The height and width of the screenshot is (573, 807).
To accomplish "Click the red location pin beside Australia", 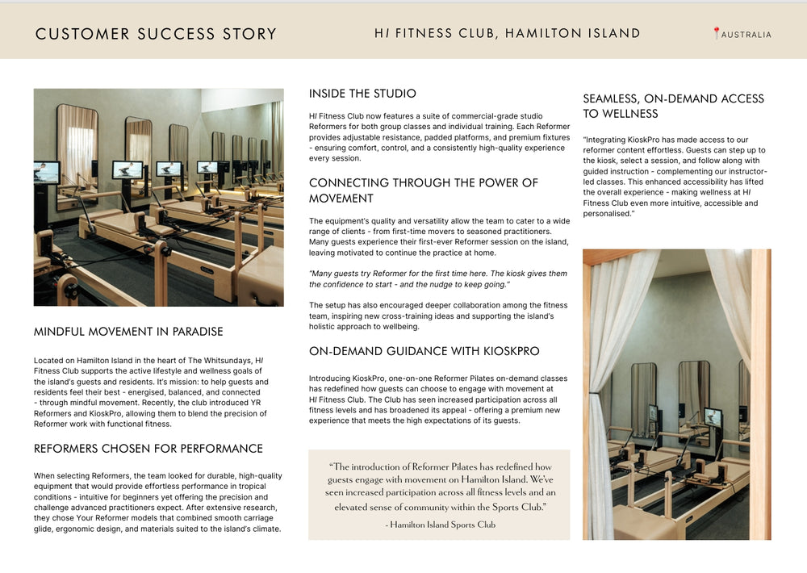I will [x=716, y=33].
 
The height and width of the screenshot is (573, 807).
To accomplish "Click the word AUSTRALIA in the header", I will [x=746, y=35].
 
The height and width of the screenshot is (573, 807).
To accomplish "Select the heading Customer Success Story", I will [x=156, y=34].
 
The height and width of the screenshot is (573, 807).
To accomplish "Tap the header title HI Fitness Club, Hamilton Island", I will [x=507, y=34].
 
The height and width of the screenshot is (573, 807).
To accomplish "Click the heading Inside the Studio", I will [x=362, y=94].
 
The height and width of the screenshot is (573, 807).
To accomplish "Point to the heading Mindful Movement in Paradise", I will [x=128, y=332].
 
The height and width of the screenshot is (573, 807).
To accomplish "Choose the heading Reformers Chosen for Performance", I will [x=148, y=449].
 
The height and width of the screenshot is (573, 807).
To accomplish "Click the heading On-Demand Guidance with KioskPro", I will [x=424, y=351].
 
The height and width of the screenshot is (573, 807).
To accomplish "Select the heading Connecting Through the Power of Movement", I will [x=423, y=190].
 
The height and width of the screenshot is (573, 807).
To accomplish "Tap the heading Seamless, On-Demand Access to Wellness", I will [x=673, y=106].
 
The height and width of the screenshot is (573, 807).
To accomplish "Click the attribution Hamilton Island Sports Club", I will [x=441, y=525].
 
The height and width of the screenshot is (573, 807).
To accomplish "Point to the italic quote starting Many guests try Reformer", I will [x=438, y=279].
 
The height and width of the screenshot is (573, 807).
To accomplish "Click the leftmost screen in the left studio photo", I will [x=47, y=171].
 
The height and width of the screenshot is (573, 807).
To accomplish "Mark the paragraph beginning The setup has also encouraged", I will [x=438, y=316].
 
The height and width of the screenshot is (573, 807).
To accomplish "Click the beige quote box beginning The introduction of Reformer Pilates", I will [x=439, y=494].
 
